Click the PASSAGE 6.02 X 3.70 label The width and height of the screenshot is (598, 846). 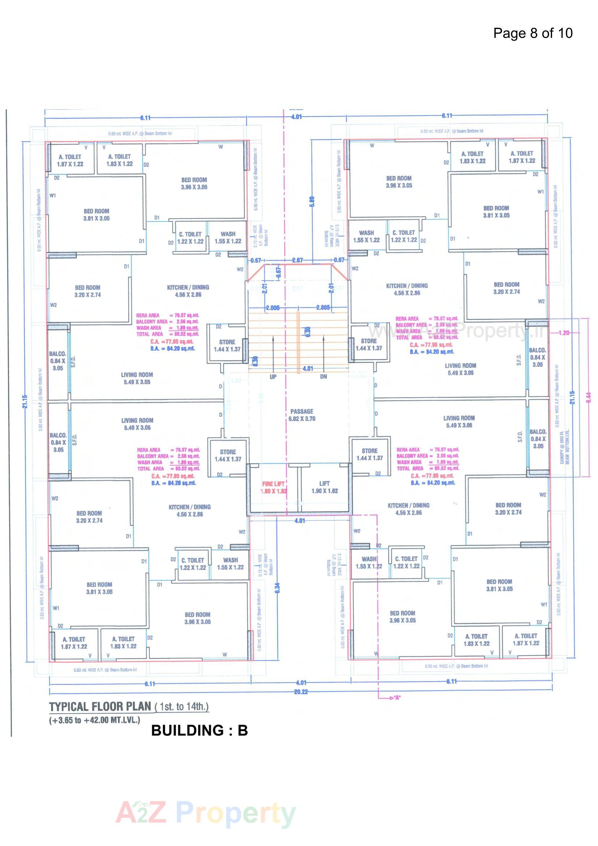(x=302, y=415)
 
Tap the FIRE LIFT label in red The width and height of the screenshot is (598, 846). (x=273, y=484)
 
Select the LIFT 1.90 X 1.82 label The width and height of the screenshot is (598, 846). (x=324, y=487)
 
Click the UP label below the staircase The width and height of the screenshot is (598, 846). (x=273, y=377)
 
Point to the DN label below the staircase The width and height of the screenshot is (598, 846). (x=323, y=377)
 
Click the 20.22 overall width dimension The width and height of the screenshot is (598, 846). (x=301, y=692)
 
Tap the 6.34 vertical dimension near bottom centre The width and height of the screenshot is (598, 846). (x=277, y=587)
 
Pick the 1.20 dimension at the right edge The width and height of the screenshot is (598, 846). (x=564, y=333)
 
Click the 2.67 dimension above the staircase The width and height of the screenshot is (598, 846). (x=297, y=260)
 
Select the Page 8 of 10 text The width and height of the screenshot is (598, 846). (x=533, y=33)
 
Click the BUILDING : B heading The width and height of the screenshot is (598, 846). (x=199, y=730)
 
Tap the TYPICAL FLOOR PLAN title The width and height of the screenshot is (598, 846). (x=100, y=706)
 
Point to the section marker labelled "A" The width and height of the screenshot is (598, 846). (x=397, y=698)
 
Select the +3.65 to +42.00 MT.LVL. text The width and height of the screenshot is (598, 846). (x=95, y=720)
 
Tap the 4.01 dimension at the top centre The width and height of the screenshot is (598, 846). (x=296, y=117)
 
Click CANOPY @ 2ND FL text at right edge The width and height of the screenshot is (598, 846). (x=563, y=446)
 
